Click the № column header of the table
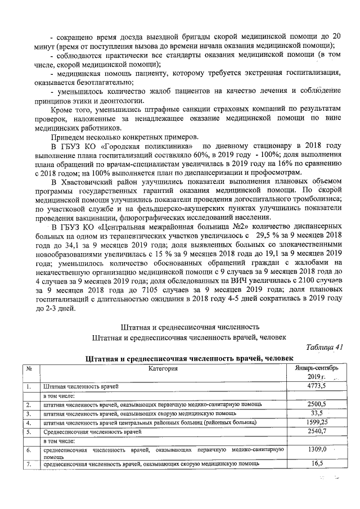coord(28,368)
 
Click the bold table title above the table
coord(189,358)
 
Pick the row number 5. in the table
coord(27,431)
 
